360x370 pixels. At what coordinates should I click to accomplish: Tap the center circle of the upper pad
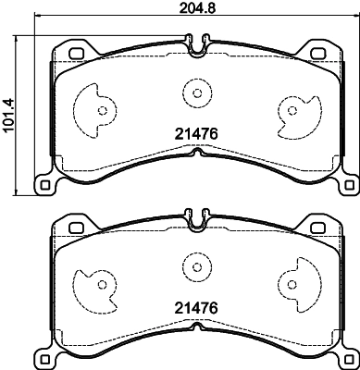point(196,92)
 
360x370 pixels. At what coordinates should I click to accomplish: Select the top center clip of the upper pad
point(195,43)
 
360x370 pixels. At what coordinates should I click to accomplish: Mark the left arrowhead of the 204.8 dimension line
point(38,20)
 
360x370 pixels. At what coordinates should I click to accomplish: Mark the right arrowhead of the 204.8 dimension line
point(354,20)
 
